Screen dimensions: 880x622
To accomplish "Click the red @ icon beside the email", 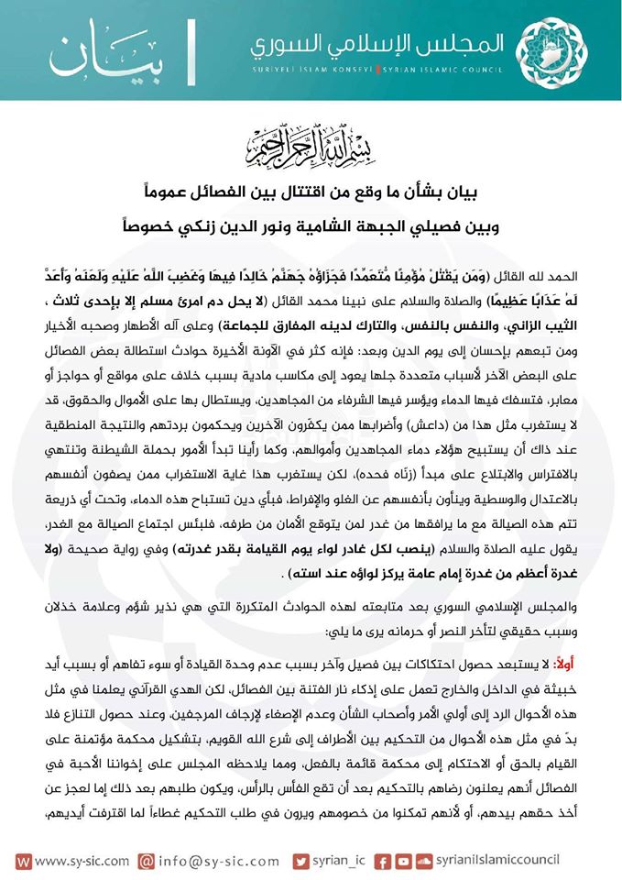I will tap(147, 862).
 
